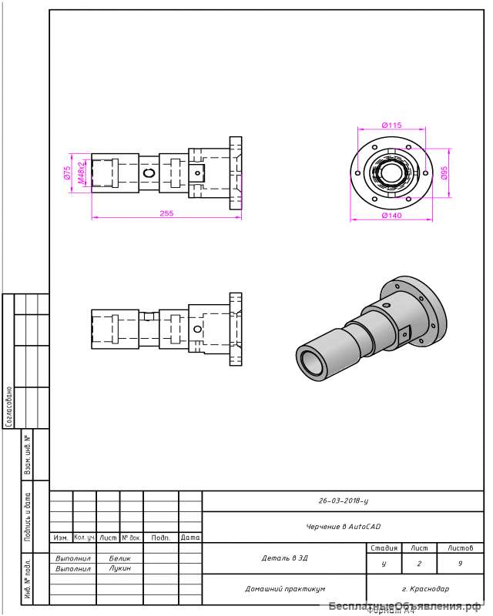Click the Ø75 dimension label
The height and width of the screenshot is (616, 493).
(x=67, y=172)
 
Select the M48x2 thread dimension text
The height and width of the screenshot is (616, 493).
(x=81, y=174)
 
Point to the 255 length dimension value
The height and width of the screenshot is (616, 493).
(x=166, y=213)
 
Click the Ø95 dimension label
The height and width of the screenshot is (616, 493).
(x=444, y=173)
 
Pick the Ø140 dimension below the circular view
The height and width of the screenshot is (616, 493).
(x=391, y=216)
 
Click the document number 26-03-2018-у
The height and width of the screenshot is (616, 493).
(x=343, y=500)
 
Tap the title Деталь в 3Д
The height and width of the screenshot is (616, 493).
(x=284, y=557)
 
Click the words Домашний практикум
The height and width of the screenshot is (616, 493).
(x=285, y=588)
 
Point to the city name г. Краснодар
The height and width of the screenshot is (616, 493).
(x=425, y=588)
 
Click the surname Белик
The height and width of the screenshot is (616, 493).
(x=120, y=557)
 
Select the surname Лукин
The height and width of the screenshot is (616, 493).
(x=120, y=568)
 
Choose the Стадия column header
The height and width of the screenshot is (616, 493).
(x=384, y=548)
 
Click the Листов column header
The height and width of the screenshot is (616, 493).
(x=460, y=548)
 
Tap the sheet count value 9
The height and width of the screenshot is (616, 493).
(x=460, y=564)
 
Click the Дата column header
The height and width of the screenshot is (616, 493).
(x=190, y=537)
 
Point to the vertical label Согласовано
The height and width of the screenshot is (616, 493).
(x=8, y=406)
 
